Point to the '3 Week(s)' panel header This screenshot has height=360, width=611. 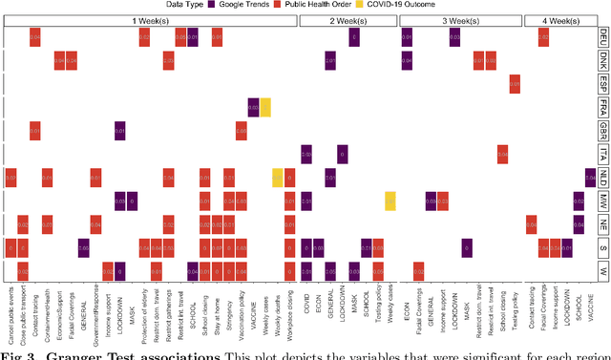(x=456, y=20)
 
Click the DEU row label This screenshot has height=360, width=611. (x=604, y=38)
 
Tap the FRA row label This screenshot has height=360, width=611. (x=604, y=108)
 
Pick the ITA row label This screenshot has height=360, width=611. (x=604, y=154)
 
